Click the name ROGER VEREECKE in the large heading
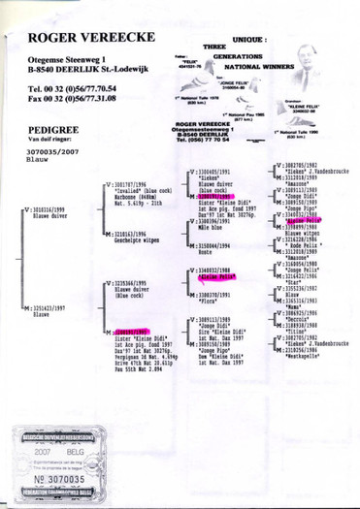(x=85, y=37)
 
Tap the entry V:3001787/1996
(x=129, y=158)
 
